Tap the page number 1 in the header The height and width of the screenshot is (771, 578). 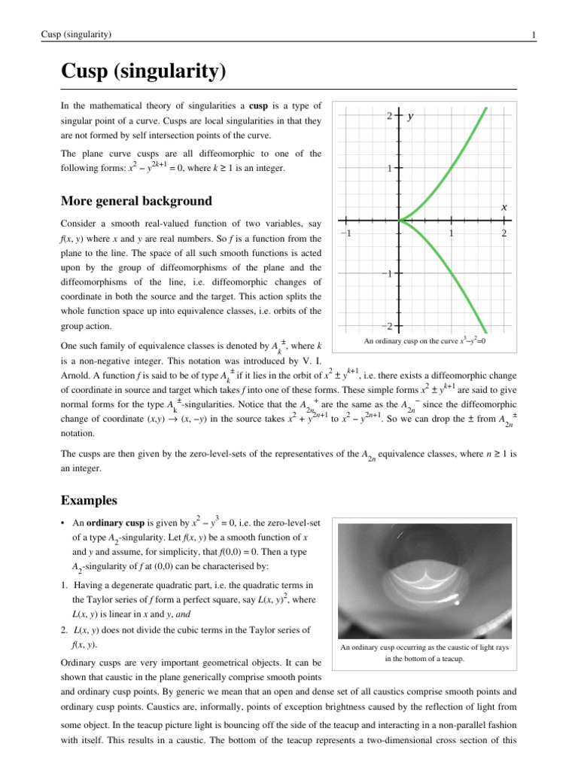pos(533,35)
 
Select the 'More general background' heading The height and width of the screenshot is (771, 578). pos(135,201)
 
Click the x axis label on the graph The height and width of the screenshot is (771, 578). pos(503,206)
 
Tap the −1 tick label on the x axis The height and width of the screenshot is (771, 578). pos(347,234)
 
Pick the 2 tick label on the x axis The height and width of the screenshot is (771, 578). pos(503,234)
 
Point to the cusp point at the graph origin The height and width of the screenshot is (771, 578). pos(399,221)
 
